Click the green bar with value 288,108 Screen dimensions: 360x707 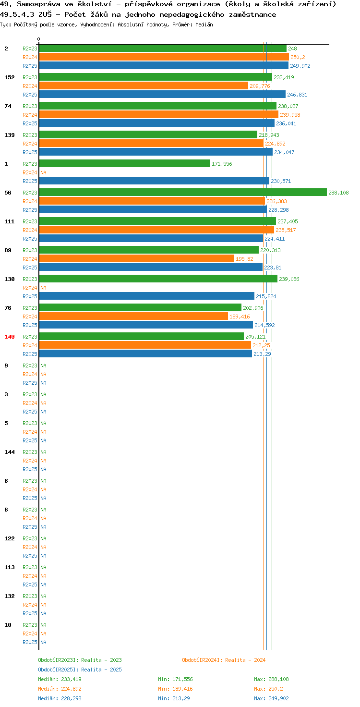pos(183,192)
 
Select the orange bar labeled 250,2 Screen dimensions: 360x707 pos(164,57)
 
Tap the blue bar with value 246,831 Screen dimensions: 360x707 pos(162,94)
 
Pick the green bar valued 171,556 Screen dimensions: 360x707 pos(125,163)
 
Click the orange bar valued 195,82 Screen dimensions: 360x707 pos(137,258)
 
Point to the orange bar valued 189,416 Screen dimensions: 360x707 pos(133,316)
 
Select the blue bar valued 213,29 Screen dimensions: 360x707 pos(145,354)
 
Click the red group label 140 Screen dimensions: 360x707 pos(10,337)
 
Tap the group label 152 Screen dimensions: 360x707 pos(10,77)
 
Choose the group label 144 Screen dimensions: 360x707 pos(10,452)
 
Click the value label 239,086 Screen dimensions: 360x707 pos(289,279)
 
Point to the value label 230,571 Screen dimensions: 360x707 pos(281,181)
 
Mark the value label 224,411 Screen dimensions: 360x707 pos(275,239)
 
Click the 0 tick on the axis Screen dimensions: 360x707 pos(38,39)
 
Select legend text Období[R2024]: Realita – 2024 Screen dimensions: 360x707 pos(224,660)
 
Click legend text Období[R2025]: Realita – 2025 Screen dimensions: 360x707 pos(80,670)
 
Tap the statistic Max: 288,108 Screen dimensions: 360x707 pos(271,679)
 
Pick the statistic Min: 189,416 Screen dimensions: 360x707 pos(175,689)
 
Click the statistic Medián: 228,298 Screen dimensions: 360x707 pos(60,698)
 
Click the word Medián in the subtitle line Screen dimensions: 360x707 pos(204,24)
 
